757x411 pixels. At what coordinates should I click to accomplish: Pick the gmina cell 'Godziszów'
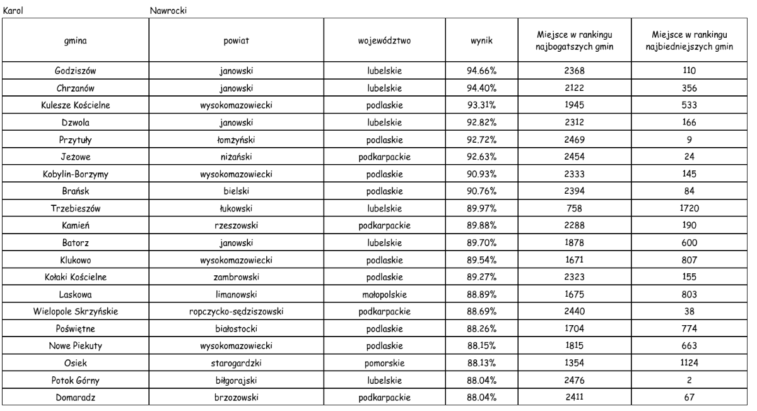pos(71,71)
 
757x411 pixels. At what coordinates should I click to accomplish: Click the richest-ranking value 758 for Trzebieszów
pos(575,193)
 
